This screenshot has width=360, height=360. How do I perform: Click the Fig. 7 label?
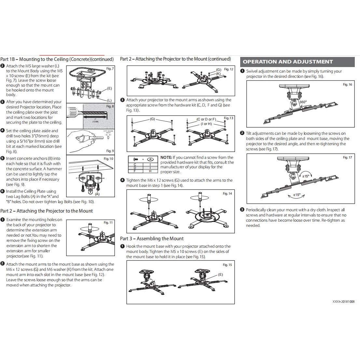point(110,69)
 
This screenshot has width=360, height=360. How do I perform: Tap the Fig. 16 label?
point(347,84)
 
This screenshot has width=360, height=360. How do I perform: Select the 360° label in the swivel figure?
point(303,102)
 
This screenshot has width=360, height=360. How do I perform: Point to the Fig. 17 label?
point(347,158)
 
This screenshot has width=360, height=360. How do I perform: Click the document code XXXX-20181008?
point(343,301)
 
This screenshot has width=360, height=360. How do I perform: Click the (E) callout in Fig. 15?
point(220,274)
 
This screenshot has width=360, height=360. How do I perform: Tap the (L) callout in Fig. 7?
point(109,100)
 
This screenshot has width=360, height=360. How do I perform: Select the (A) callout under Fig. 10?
point(97,194)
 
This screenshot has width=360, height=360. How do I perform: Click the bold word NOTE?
point(166,158)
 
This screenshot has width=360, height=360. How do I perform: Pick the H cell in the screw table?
point(150,171)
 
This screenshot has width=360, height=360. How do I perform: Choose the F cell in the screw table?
point(135,171)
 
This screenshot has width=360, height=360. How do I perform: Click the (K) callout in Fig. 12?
point(218,74)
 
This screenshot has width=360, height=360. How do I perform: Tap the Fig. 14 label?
point(227,194)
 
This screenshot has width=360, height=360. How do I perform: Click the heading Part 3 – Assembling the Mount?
point(152,239)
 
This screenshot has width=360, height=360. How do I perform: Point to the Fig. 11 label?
point(108,223)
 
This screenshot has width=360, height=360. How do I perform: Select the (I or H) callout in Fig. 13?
point(206,124)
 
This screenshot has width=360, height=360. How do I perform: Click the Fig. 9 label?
point(110,151)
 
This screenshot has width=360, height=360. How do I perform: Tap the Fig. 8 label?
point(110,106)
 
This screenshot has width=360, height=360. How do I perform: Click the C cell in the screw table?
point(135,164)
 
